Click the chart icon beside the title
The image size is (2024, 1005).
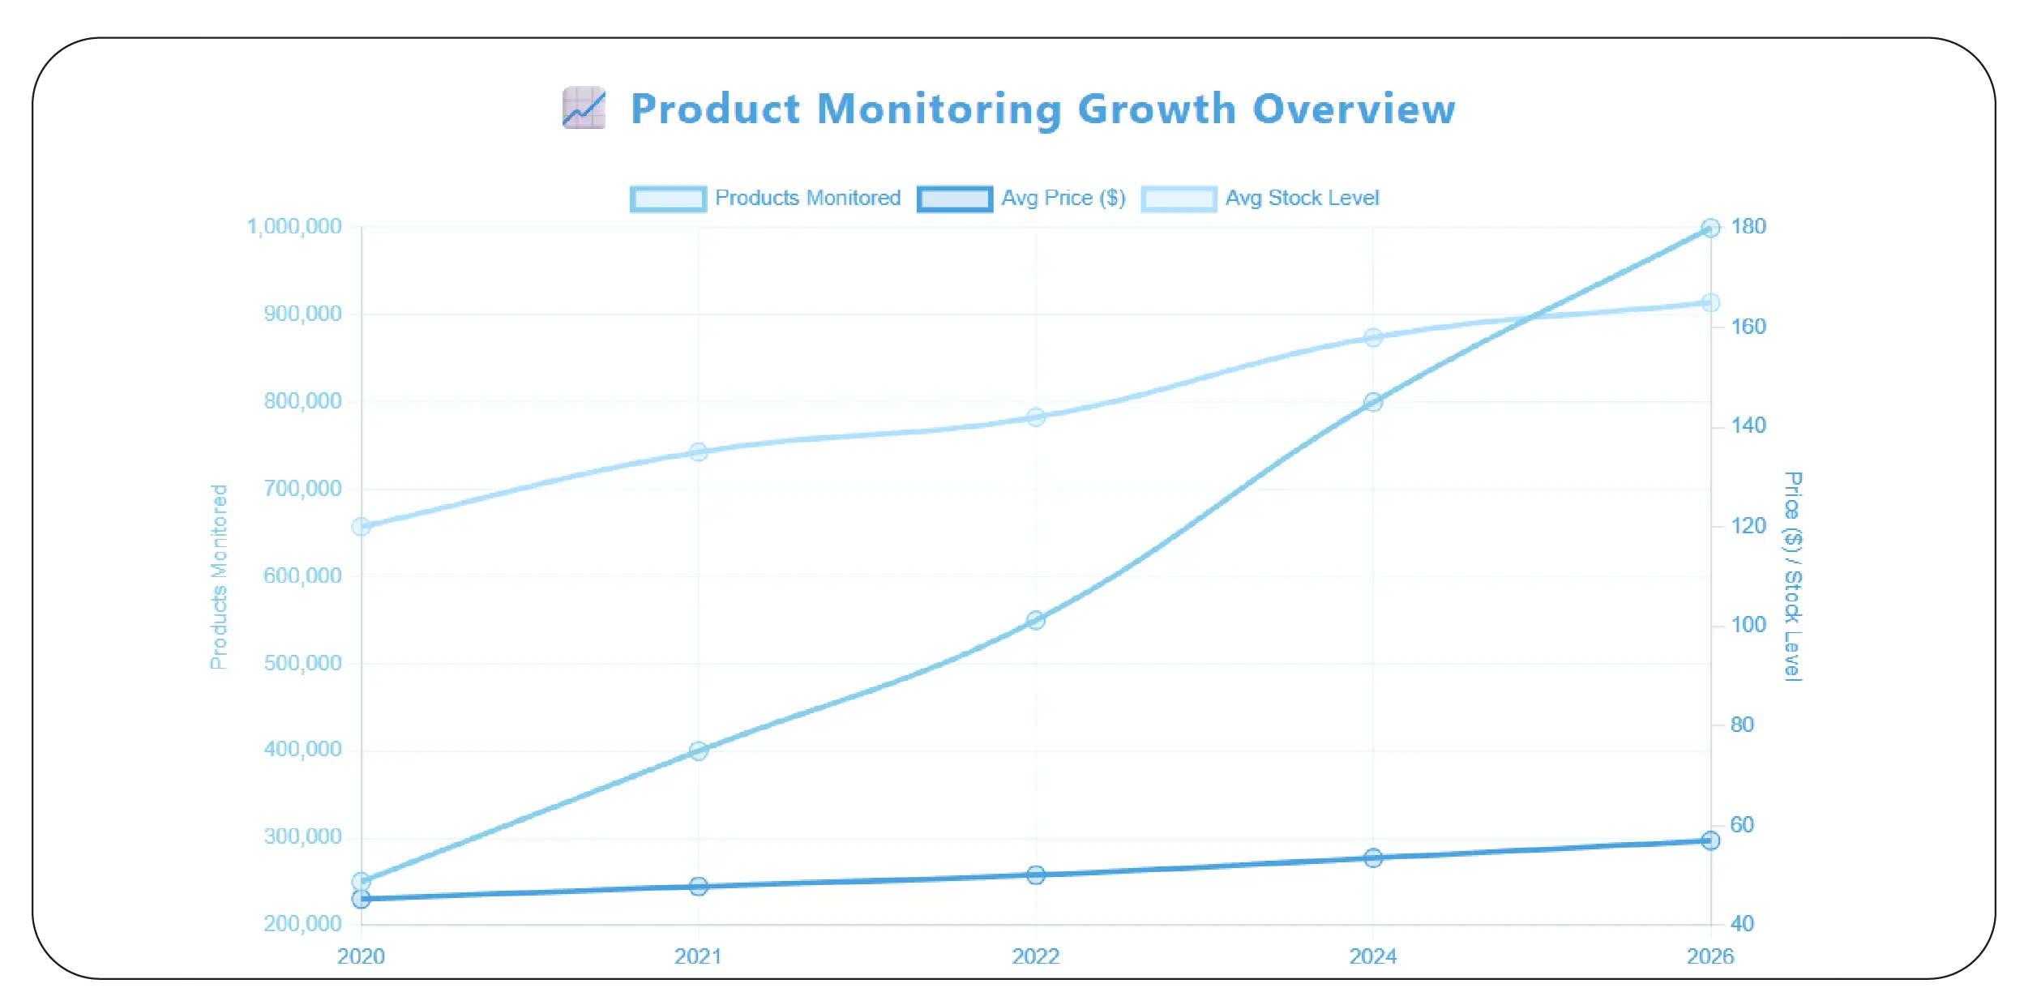pos(584,108)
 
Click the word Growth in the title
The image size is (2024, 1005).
pos(1157,109)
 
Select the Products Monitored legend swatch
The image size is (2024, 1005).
pos(668,199)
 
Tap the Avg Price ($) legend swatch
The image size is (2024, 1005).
pos(954,199)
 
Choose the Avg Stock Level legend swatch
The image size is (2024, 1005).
pos(1179,199)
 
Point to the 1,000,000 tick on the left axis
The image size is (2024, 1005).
pos(294,227)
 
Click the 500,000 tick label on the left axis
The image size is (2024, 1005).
pos(302,663)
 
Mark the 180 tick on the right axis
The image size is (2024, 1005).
pos(1748,227)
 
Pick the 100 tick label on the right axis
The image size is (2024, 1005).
pos(1748,625)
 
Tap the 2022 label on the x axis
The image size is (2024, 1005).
pos(1035,956)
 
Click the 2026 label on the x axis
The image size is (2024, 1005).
pos(1709,956)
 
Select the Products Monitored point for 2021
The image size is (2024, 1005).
pos(699,751)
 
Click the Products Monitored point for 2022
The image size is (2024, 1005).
pos(1035,620)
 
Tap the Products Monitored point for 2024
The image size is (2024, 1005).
pos(1373,402)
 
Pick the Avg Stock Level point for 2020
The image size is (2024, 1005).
pos(362,527)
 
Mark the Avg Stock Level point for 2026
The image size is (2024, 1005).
pos(1710,302)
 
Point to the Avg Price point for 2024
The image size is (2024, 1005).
pos(1373,857)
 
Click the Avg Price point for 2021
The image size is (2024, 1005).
pos(699,886)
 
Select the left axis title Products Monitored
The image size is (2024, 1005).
pos(219,577)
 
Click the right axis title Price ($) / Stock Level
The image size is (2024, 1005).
pos(1793,576)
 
